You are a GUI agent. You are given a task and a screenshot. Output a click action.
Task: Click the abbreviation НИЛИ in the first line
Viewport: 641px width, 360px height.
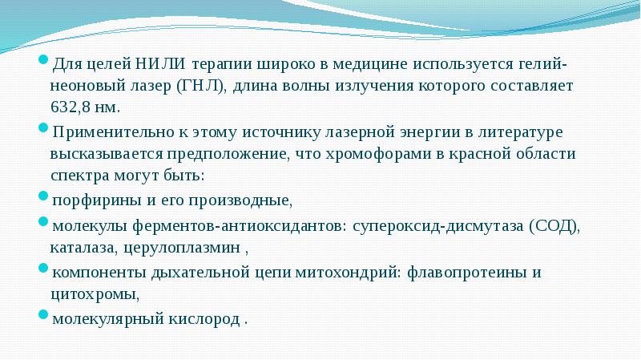pos(156,63)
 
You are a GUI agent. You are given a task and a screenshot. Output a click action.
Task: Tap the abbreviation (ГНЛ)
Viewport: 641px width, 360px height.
pos(203,85)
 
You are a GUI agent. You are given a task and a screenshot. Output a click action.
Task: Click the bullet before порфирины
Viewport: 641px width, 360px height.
pos(43,198)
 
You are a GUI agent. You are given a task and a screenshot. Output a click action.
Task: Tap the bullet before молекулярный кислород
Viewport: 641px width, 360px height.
pos(43,317)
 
